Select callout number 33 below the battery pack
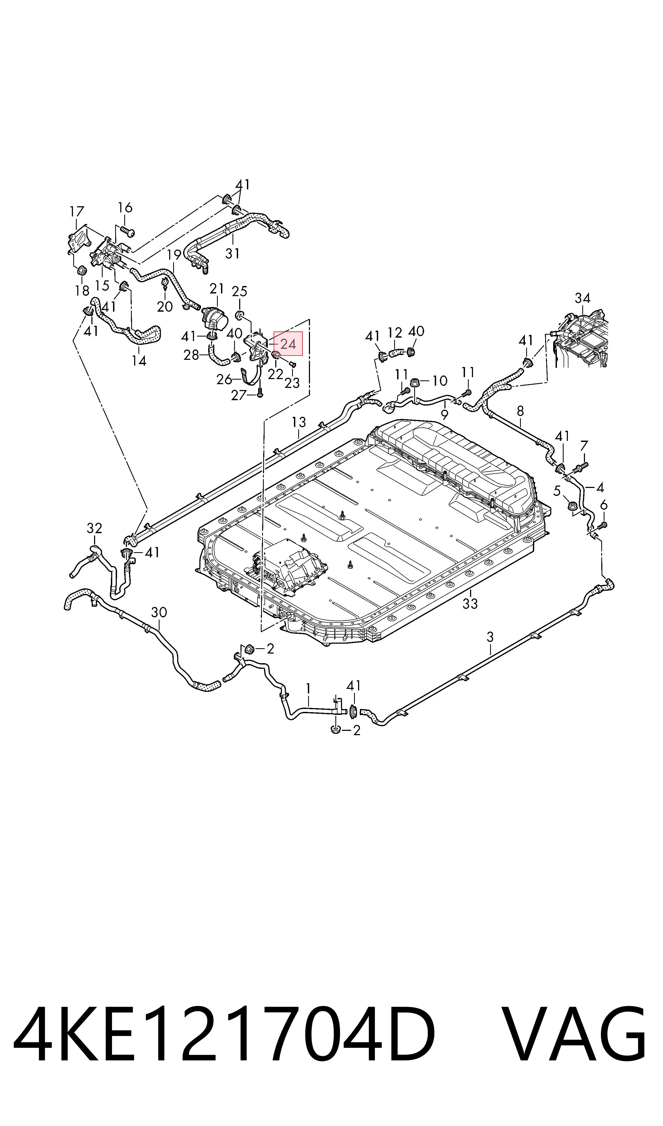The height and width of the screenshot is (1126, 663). coord(470,604)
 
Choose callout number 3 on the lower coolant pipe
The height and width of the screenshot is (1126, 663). coord(490,637)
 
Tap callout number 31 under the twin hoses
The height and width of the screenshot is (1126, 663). coord(232,254)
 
